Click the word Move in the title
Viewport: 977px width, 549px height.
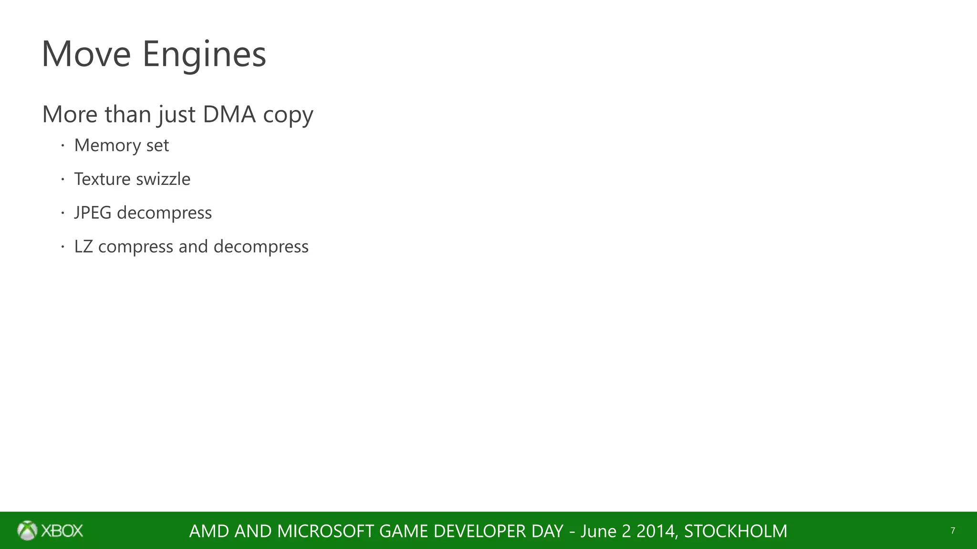86,54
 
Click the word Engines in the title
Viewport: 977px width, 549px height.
204,55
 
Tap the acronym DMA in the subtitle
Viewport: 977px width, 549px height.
229,114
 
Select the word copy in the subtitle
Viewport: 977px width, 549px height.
288,116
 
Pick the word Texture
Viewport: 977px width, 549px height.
102,179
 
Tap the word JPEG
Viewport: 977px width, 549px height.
93,213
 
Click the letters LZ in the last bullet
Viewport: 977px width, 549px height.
83,246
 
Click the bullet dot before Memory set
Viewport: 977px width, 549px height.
62,145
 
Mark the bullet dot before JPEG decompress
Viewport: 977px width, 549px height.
62,213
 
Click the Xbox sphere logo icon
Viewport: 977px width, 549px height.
27,530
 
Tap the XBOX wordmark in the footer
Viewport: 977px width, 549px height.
62,530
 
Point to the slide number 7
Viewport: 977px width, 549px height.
953,530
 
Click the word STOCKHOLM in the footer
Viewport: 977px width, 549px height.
736,531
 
